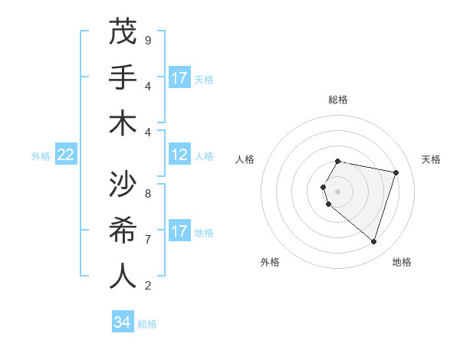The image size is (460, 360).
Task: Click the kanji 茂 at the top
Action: (123, 32)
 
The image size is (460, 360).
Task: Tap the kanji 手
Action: (123, 77)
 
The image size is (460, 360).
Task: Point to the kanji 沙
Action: (123, 185)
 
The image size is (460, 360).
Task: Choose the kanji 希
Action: (123, 231)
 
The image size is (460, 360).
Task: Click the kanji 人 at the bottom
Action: (123, 276)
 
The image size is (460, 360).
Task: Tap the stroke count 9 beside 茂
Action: (148, 40)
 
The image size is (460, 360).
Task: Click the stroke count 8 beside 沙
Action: (148, 193)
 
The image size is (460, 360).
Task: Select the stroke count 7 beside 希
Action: (148, 239)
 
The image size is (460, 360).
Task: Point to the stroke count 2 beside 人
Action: (148, 285)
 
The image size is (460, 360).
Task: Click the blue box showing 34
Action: (123, 322)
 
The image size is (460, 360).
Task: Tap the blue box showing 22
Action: (66, 155)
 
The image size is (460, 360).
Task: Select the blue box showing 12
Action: (179, 155)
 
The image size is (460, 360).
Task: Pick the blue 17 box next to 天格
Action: (179, 78)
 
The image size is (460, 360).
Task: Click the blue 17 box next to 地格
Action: (179, 231)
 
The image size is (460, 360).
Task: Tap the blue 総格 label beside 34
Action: (147, 324)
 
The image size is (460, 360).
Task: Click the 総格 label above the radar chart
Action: (338, 100)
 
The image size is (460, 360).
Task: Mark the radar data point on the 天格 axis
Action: (396, 172)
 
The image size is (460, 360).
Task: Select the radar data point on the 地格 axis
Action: (373, 241)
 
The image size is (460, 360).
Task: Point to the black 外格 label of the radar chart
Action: (270, 262)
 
